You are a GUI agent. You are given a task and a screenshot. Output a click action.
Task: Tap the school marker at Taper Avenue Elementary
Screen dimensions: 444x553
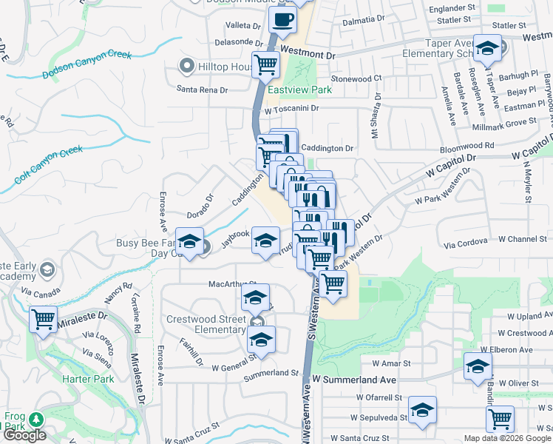click(487, 49)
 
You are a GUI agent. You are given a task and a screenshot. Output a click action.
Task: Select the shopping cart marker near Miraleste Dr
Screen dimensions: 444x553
click(43, 320)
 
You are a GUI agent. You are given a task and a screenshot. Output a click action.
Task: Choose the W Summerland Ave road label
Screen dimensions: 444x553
click(354, 380)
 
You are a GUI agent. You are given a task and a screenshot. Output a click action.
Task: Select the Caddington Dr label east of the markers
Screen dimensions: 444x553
click(328, 148)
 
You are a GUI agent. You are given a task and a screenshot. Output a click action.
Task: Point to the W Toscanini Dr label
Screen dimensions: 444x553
click(291, 108)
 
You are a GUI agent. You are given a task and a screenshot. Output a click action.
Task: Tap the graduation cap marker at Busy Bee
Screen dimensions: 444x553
click(189, 243)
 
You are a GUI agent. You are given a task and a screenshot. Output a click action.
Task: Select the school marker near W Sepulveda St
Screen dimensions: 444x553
click(422, 410)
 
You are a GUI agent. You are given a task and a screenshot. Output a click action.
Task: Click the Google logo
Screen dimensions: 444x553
click(24, 435)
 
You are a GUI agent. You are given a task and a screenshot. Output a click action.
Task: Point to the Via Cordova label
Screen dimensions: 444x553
click(465, 241)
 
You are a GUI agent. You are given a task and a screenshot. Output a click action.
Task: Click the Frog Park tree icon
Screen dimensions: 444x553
click(34, 420)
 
